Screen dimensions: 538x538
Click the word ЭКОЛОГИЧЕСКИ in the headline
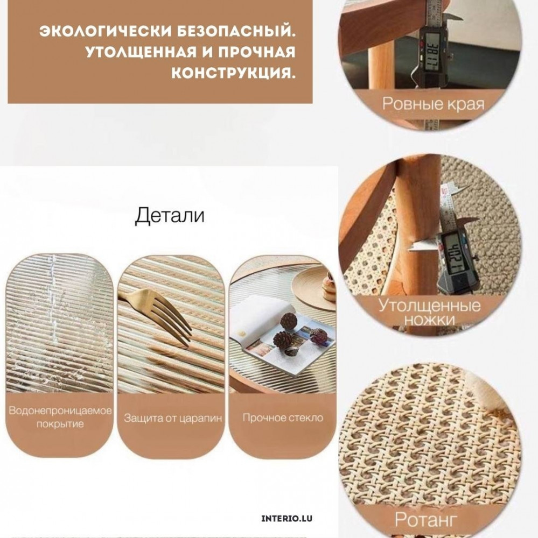tap(106, 31)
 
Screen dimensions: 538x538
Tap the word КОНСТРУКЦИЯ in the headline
tap(233, 73)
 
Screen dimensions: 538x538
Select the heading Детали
tap(170, 216)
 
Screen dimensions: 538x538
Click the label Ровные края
tap(433, 103)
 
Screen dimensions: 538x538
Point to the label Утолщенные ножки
tap(429, 312)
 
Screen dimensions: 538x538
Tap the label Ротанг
tap(425, 519)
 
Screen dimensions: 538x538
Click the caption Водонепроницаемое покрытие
tap(60, 417)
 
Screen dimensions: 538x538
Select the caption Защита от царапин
tap(173, 418)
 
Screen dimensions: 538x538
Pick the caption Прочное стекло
tap(283, 417)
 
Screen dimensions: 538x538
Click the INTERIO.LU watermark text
tap(287, 519)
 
